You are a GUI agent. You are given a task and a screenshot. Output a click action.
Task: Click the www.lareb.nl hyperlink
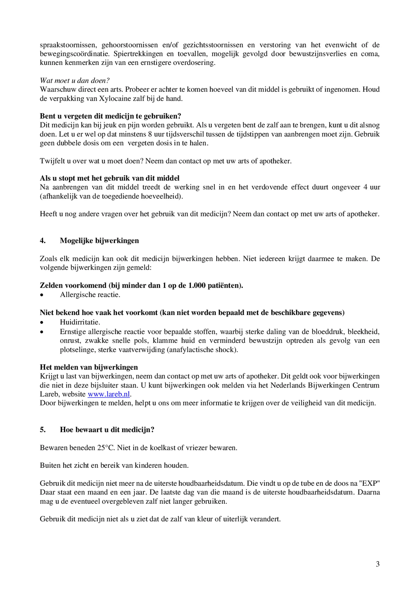(x=109, y=394)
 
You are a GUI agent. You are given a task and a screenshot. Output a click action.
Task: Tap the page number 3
(x=378, y=564)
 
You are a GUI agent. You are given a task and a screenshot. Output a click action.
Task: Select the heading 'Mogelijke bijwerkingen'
(x=99, y=241)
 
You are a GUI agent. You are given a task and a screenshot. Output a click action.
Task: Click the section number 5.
(x=42, y=430)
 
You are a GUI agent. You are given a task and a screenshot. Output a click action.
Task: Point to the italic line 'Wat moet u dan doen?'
(x=75, y=80)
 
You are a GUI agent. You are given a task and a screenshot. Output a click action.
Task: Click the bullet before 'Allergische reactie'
(x=42, y=295)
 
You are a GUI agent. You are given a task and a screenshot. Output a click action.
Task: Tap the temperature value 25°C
(x=106, y=448)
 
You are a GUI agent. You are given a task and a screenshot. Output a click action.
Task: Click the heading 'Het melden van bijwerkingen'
(x=89, y=367)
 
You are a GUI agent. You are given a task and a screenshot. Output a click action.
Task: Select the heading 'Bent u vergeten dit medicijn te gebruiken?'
(x=110, y=116)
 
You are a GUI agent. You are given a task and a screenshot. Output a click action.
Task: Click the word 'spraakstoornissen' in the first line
(x=68, y=45)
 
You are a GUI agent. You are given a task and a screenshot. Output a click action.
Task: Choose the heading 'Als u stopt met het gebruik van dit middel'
(x=110, y=178)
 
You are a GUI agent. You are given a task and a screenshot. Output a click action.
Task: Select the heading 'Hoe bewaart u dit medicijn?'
(x=107, y=430)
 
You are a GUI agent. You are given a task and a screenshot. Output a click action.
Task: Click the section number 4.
(x=42, y=241)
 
